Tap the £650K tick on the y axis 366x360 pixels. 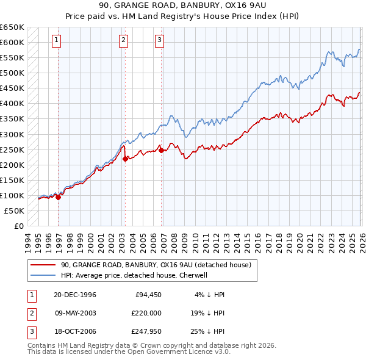12,27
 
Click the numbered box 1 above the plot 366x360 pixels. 56,40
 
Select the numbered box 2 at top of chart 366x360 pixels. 123,40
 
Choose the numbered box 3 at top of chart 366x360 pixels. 159,40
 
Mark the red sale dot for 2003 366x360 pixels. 125,159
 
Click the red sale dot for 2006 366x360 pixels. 162,150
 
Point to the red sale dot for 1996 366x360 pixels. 59,197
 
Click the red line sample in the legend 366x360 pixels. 43,265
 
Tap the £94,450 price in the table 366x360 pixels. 146,295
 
